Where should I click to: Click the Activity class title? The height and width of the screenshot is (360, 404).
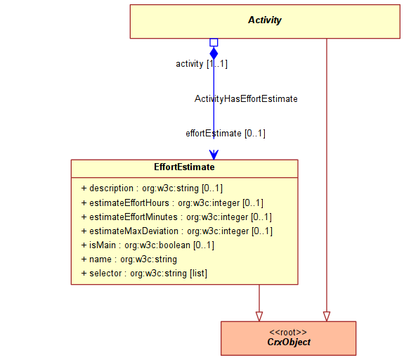[265, 20]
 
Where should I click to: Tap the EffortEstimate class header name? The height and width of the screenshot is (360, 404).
[184, 167]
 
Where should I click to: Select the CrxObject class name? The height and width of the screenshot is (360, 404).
[289, 342]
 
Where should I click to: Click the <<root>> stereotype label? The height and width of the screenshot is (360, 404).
[288, 332]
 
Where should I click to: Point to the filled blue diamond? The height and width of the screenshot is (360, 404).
[214, 53]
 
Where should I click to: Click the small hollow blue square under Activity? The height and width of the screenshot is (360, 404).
[214, 43]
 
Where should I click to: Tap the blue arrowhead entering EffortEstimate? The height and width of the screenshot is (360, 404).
[214, 155]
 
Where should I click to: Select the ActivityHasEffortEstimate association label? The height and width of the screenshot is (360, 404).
[246, 98]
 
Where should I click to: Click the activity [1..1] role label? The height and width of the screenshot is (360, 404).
[202, 64]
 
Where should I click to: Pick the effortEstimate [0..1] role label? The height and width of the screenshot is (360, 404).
[226, 134]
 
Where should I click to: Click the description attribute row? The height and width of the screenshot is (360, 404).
[152, 188]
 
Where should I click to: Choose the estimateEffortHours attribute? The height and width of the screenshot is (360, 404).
[172, 203]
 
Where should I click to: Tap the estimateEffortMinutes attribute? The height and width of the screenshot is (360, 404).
[176, 217]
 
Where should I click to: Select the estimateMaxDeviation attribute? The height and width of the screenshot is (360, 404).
[177, 231]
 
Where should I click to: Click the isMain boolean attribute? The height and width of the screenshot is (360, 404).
[148, 245]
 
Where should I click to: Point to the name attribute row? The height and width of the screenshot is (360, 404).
[129, 259]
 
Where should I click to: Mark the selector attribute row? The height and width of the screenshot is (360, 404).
[144, 273]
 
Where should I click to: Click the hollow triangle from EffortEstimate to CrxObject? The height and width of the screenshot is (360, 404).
[259, 316]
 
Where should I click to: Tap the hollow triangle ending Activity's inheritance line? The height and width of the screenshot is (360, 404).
[327, 316]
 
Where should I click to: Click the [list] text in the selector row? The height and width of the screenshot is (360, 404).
[198, 273]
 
